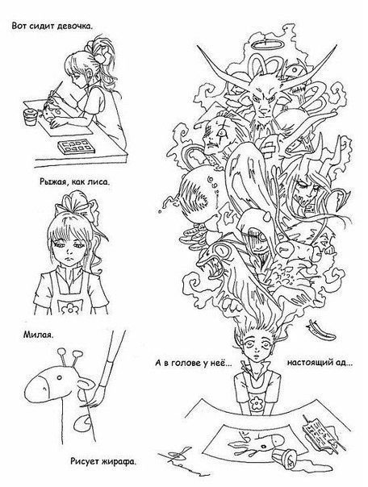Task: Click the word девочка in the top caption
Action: point(74,26)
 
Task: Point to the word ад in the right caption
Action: point(345,363)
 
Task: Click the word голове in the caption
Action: point(186,363)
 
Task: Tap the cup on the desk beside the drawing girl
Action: point(31,116)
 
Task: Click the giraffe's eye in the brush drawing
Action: point(59,377)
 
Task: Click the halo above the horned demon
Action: point(266,46)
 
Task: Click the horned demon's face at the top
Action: point(263,98)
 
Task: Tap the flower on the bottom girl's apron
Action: point(257,402)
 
